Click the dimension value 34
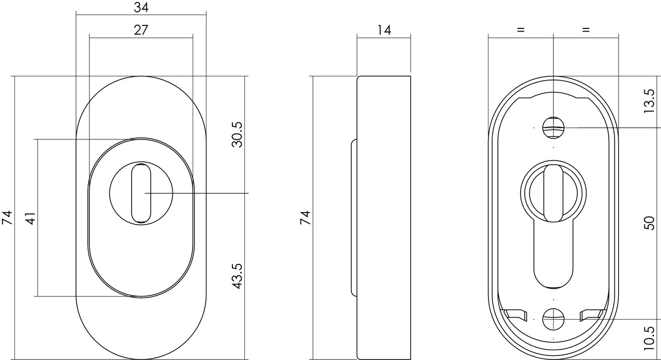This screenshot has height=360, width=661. [141, 7]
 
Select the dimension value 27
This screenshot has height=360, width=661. [141, 30]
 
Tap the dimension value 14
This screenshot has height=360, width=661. [384, 30]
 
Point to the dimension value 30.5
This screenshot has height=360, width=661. [237, 135]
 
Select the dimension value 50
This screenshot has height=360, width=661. [650, 223]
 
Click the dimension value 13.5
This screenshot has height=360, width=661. [650, 100]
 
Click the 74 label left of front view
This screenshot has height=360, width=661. [7, 217]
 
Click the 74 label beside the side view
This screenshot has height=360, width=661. [305, 217]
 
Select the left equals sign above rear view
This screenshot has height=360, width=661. [521, 30]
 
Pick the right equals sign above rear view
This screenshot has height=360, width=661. [586, 30]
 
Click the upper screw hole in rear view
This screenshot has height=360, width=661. [553, 127]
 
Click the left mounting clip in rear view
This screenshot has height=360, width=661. [515, 314]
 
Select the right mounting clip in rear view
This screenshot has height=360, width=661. [591, 314]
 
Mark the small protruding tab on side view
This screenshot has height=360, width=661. [354, 217]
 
